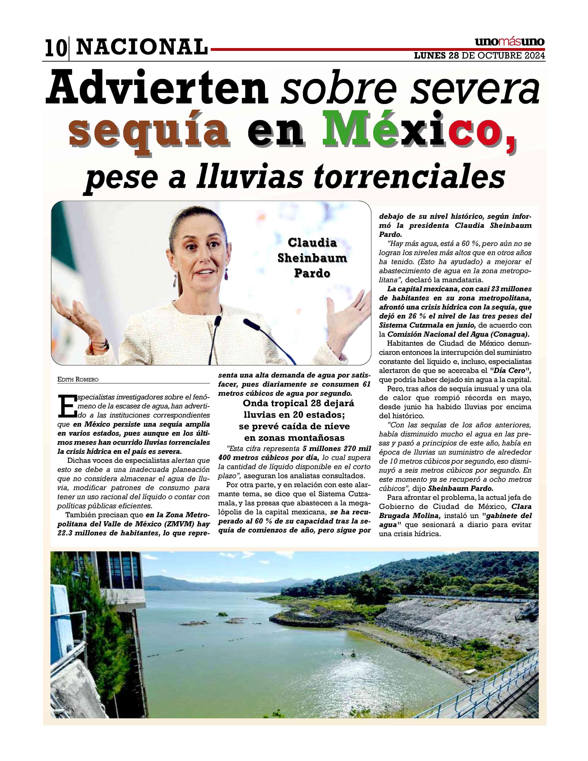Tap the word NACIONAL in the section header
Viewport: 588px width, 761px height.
point(141,47)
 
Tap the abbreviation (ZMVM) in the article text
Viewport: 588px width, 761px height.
point(179,524)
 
